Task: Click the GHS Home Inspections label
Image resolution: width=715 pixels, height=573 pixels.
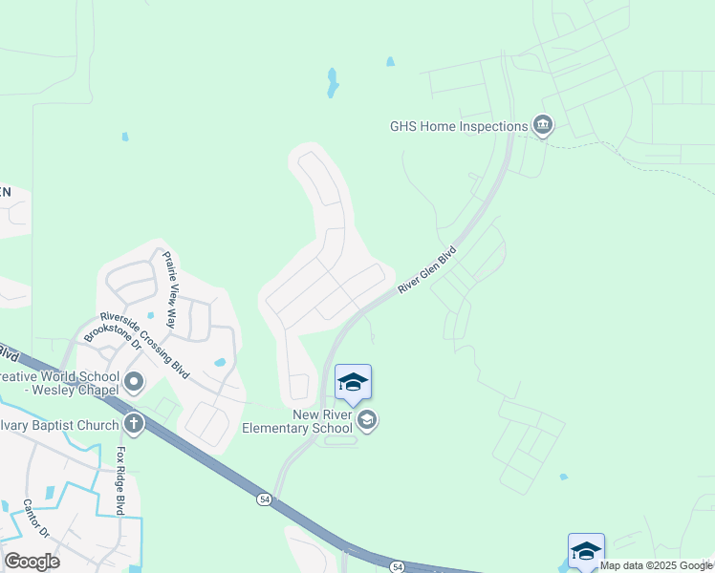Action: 459,126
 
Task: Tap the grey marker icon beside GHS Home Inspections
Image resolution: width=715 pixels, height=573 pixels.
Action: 543,126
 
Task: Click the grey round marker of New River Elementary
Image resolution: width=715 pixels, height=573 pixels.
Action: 367,420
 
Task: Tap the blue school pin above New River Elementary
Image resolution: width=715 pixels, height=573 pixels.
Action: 353,382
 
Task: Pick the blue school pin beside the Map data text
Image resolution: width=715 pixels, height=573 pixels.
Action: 586,551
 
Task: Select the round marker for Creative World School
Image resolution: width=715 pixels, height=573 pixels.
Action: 134,384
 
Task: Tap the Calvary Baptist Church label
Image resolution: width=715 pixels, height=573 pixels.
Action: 57,424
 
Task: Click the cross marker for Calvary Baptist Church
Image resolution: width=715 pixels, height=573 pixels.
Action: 134,423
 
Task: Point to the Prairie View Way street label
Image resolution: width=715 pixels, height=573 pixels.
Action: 170,288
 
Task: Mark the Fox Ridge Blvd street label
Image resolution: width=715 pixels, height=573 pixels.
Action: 120,480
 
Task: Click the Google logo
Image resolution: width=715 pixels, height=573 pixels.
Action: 32,562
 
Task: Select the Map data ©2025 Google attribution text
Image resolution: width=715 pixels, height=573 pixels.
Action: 656,565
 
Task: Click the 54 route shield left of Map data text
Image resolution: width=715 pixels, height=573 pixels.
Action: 398,567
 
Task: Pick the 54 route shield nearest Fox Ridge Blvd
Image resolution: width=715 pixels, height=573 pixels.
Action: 263,499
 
